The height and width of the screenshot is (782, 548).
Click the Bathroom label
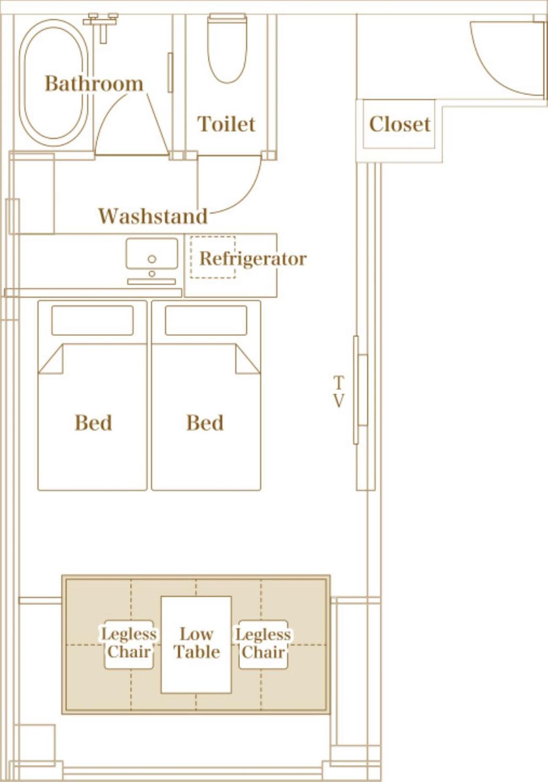click(x=94, y=83)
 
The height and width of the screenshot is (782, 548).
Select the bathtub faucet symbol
click(x=101, y=25)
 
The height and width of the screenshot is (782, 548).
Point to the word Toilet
click(x=226, y=124)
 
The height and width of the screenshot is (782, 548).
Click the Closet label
click(x=400, y=124)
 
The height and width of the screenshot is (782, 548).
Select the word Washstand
click(x=153, y=216)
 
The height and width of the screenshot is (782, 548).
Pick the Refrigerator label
click(x=253, y=258)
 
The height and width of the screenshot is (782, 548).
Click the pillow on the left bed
click(x=92, y=320)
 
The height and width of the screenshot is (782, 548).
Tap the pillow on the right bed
click(x=206, y=320)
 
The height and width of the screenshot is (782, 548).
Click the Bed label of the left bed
click(x=93, y=422)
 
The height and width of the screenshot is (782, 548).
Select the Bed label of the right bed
click(x=205, y=422)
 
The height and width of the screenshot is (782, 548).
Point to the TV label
click(x=338, y=392)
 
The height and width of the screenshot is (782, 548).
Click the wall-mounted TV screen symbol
click(x=363, y=390)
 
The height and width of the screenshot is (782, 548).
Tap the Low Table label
click(x=197, y=643)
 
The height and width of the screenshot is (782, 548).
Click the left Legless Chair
click(x=129, y=644)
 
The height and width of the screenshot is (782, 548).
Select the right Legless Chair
click(x=263, y=644)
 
